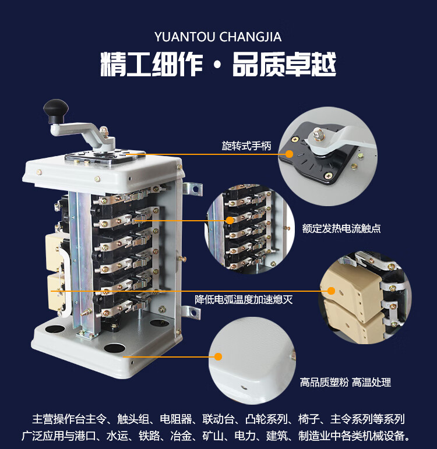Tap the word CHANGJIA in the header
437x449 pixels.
point(251,37)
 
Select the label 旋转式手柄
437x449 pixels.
point(246,146)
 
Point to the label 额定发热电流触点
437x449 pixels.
point(341,228)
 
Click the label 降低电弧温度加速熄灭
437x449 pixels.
point(244,299)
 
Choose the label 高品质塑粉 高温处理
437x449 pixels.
point(346,382)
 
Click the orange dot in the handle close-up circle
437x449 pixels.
point(290,154)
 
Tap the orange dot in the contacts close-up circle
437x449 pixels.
point(230,220)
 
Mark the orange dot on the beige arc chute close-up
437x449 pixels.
point(331,291)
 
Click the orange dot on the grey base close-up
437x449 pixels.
point(218,357)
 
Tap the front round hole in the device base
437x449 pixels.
point(115,348)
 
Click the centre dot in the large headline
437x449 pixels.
point(217,65)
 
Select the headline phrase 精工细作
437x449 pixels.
point(151,64)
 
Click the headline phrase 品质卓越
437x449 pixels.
point(284,64)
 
